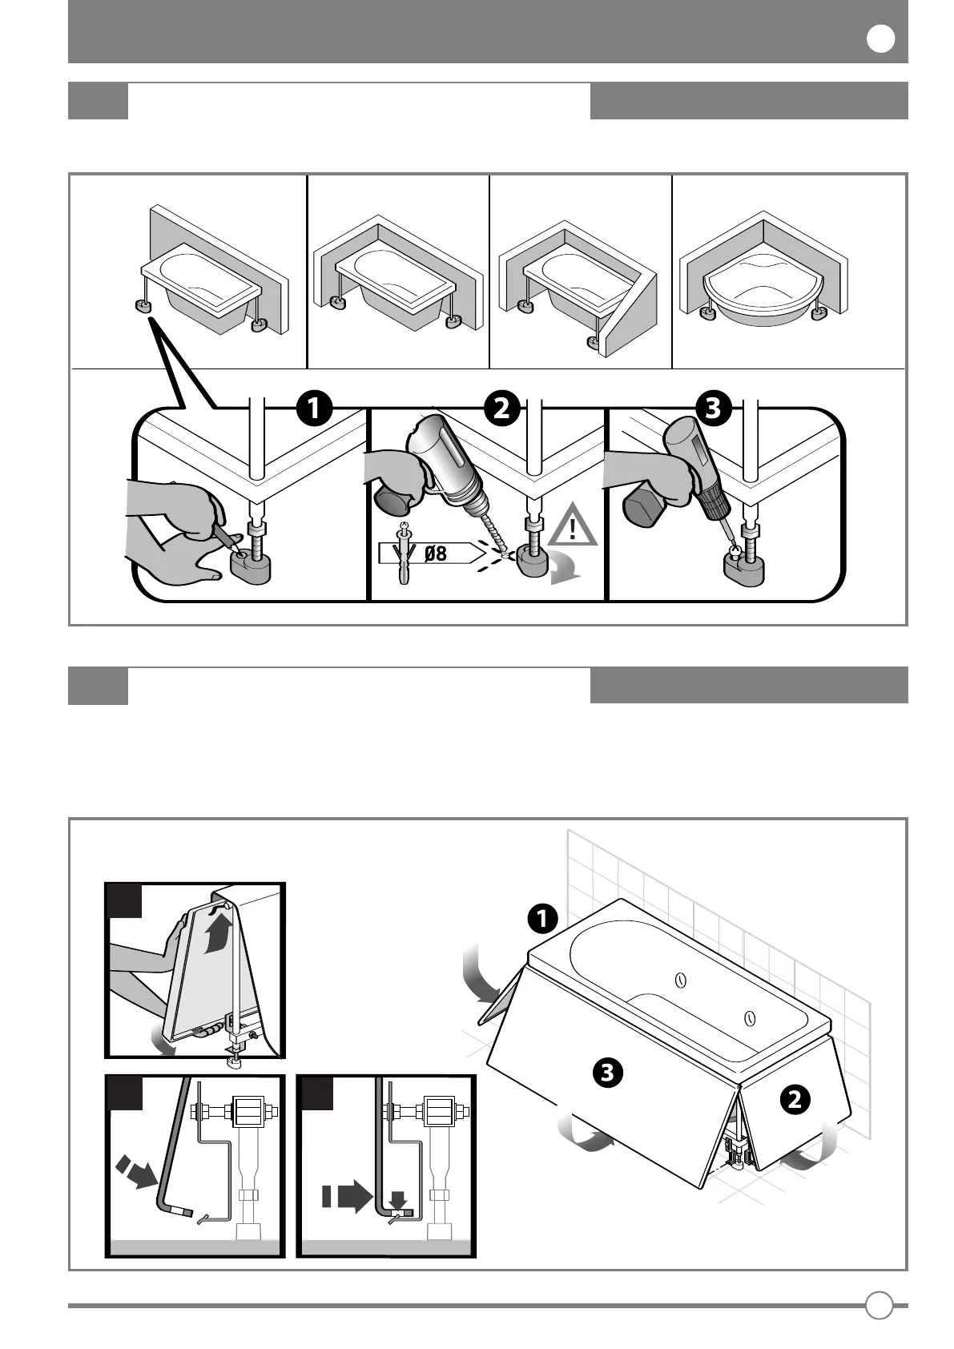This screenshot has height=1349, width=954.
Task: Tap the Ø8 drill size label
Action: pos(435,553)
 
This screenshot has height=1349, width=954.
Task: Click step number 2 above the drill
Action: pos(501,409)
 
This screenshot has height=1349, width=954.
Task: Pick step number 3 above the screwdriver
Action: pos(713,409)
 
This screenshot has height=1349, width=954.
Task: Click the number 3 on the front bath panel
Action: pos(608,1072)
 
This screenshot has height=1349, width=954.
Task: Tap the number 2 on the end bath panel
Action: pos(794,1100)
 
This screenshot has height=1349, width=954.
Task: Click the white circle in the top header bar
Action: pos(881,39)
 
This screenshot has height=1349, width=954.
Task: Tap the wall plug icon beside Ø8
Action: pos(405,553)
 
